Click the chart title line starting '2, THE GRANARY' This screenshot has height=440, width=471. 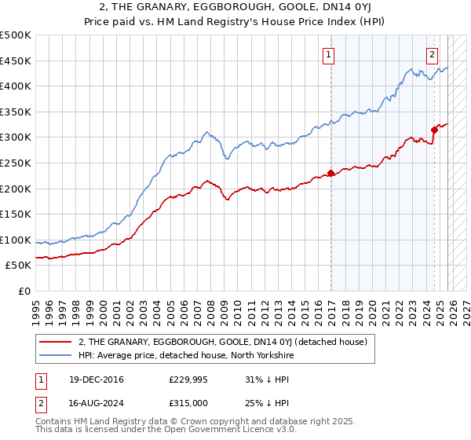click(x=235, y=7)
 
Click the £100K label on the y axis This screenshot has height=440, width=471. click(x=16, y=240)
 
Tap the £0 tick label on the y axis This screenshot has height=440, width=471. click(x=24, y=291)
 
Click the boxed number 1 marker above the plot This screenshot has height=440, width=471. click(x=327, y=54)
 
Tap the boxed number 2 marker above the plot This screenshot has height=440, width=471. click(x=432, y=54)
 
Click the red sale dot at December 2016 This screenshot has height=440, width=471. click(x=330, y=173)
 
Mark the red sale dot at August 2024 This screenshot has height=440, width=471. click(x=434, y=130)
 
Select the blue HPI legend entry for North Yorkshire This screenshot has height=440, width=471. click(x=197, y=355)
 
